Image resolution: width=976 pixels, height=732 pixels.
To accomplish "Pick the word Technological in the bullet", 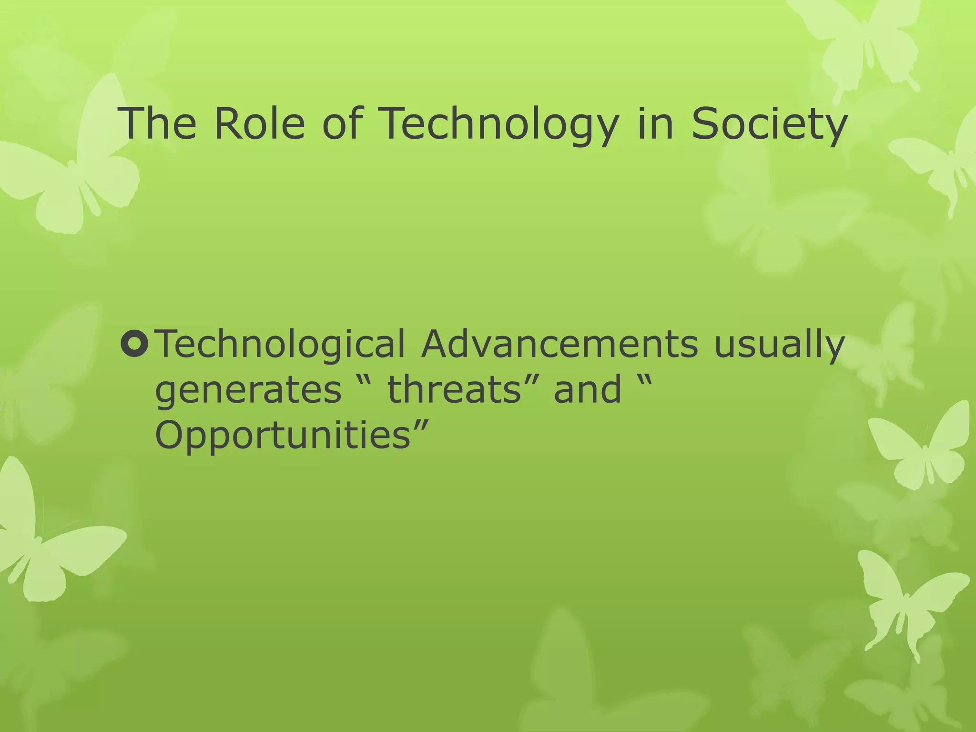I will click(281, 344).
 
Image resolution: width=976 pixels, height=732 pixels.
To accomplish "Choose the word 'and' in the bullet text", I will click(587, 389).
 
